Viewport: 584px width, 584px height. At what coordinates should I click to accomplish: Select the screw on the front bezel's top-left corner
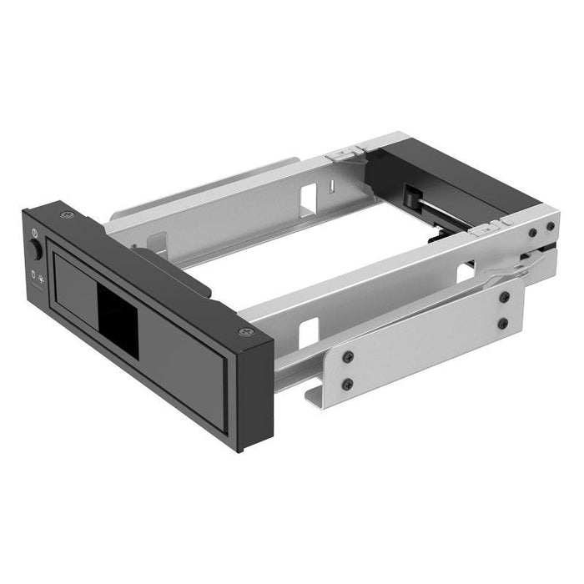tap(63, 215)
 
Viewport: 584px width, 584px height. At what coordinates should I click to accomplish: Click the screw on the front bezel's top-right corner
tap(244, 332)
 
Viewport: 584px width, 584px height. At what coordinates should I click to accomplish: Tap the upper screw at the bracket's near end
tap(348, 356)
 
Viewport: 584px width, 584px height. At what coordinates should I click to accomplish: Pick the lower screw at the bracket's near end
tap(348, 384)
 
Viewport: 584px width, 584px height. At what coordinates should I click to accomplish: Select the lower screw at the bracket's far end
tap(503, 323)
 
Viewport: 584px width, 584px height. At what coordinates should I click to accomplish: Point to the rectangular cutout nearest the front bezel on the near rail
tap(308, 333)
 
